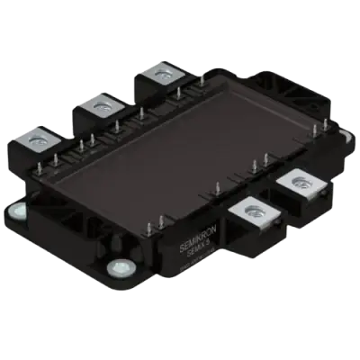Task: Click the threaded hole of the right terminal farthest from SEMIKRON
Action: pos(297,184)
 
